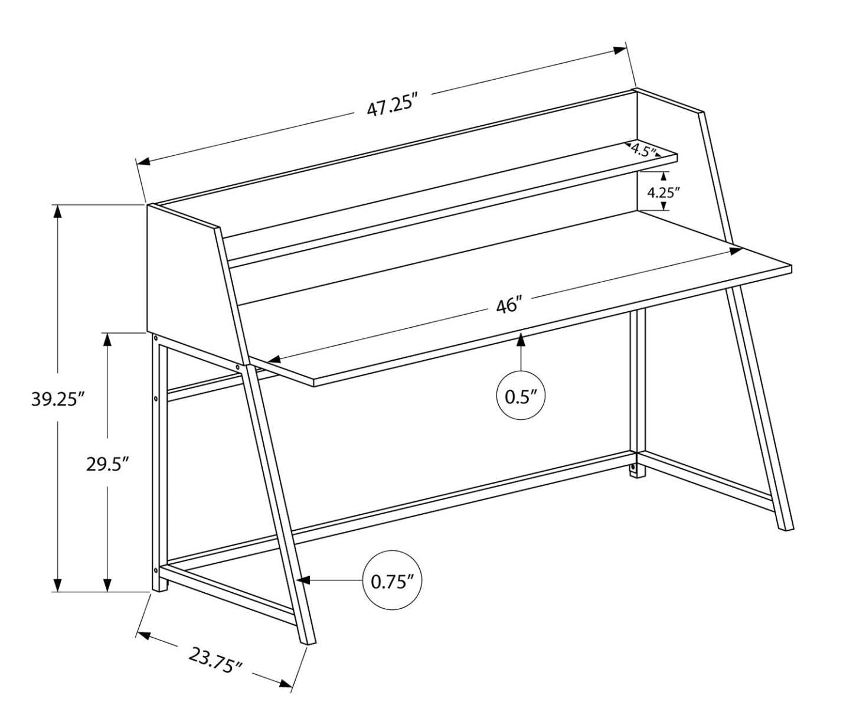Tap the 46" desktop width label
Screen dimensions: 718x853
tap(509, 307)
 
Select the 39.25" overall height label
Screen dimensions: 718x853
tap(55, 399)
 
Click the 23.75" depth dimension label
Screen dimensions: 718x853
tap(216, 661)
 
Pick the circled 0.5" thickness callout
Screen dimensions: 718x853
tap(520, 396)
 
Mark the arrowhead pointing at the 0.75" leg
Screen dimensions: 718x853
tap(303, 581)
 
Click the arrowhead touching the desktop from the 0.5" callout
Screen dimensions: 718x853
tap(521, 339)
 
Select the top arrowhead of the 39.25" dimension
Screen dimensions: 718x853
tap(57, 211)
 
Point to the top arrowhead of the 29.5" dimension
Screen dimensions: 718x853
tap(107, 340)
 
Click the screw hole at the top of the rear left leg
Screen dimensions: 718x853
tap(155, 339)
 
